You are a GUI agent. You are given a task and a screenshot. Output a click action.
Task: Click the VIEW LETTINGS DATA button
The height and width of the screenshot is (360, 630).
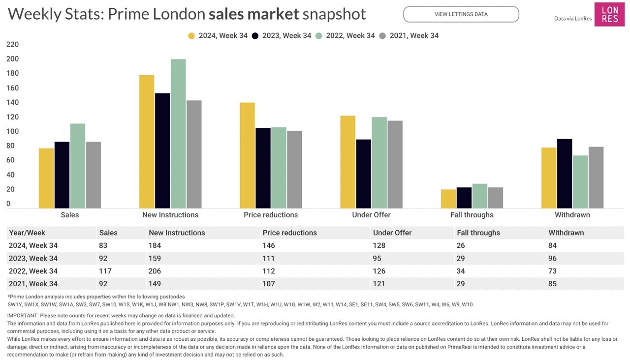(x=461, y=14)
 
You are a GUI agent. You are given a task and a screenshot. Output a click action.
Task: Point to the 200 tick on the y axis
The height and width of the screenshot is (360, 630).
(x=12, y=59)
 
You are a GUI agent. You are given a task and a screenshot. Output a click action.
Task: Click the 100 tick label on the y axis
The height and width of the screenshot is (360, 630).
(x=12, y=131)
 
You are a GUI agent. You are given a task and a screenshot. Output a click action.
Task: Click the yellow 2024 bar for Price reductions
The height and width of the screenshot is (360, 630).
(x=247, y=155)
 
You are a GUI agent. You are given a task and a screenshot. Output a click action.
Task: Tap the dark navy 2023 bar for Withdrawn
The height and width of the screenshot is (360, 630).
(x=565, y=174)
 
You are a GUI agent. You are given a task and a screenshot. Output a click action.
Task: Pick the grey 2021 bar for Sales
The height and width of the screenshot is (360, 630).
(x=94, y=175)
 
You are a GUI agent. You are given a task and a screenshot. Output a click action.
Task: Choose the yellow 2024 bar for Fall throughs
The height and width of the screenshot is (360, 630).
(x=448, y=199)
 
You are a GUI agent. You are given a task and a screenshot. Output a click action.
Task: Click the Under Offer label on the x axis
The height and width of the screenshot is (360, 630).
(x=371, y=215)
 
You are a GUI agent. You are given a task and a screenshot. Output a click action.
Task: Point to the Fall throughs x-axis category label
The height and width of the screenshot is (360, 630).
(x=472, y=215)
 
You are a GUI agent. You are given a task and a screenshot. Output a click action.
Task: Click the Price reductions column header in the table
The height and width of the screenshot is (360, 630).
(x=289, y=233)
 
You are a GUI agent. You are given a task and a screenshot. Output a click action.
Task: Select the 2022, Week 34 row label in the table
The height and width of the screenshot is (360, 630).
(x=33, y=271)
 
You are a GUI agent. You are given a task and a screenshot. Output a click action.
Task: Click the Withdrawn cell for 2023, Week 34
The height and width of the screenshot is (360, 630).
(x=552, y=258)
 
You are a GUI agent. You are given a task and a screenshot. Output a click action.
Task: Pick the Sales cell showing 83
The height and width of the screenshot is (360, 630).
(x=103, y=245)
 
